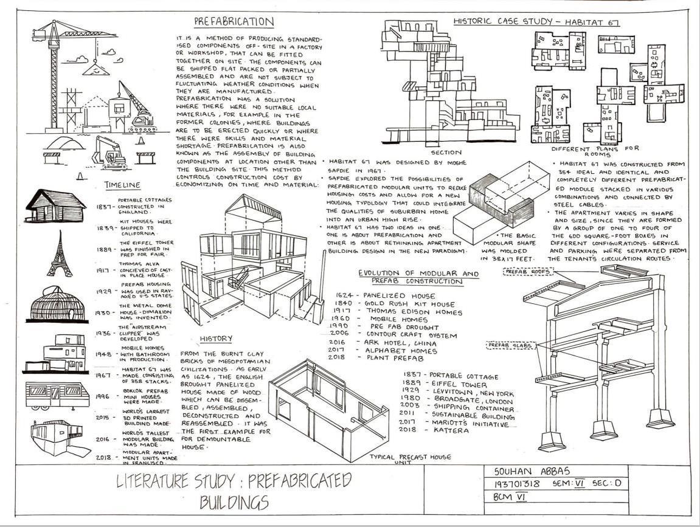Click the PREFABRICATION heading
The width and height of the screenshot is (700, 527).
[234, 22]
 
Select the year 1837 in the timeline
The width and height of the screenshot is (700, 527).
[104, 207]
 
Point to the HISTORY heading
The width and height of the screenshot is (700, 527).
[216, 339]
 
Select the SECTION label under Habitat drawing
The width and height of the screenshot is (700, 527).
[446, 152]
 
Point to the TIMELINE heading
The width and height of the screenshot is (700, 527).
[122, 185]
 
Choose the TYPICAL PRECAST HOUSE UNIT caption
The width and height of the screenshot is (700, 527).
[411, 458]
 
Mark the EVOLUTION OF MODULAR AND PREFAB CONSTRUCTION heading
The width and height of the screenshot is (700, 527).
[418, 278]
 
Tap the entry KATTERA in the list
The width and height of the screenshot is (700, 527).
[451, 431]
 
